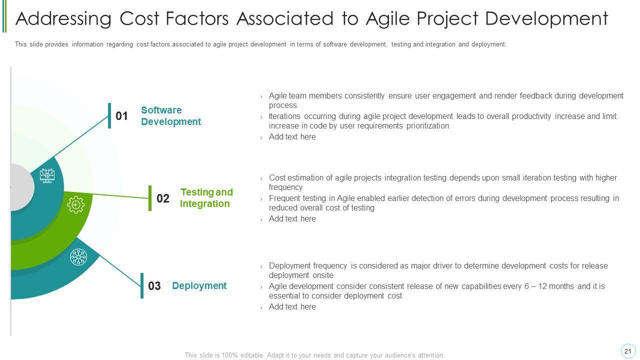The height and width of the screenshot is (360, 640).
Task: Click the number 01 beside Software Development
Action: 121,116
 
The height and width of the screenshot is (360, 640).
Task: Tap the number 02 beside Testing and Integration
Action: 163,198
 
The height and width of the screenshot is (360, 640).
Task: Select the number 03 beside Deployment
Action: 154,285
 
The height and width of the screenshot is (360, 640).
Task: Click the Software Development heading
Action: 171,115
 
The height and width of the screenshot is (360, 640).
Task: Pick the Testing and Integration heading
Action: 206,197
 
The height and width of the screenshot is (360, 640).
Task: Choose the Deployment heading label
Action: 199,285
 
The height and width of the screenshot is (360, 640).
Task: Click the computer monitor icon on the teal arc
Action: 47,175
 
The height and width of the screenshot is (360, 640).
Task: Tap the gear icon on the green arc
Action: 76,204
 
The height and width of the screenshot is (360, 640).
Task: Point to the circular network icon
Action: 78,257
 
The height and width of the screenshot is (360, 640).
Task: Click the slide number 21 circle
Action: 627,351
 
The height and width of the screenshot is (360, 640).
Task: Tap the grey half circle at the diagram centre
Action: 22,187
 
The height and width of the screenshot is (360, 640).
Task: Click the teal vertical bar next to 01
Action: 109,115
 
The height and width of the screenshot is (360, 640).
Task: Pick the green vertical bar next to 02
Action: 150,198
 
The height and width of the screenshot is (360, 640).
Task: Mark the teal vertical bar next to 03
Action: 142,285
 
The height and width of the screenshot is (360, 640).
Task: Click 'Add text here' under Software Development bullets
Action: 292,137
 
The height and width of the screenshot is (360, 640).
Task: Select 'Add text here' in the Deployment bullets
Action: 292,307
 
